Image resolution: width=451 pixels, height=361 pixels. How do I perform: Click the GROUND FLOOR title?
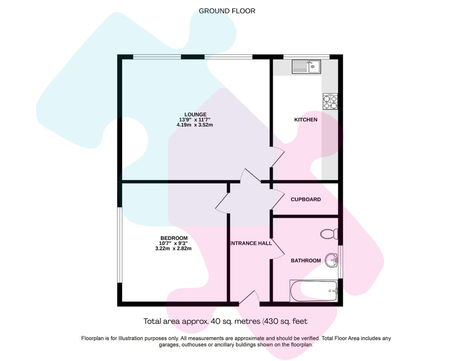pyautogui.click(x=227, y=11)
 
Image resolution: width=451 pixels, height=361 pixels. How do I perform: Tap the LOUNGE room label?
pyautogui.click(x=195, y=114)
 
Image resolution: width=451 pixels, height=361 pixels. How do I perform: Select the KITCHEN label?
pyautogui.click(x=306, y=120)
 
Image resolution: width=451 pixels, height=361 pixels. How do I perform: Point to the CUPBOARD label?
pyautogui.click(x=305, y=199)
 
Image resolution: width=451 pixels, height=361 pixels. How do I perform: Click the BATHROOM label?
pyautogui.click(x=306, y=260)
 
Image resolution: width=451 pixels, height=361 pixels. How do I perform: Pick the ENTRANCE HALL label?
pyautogui.click(x=250, y=243)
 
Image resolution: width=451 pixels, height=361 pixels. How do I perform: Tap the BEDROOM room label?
pyautogui.click(x=174, y=238)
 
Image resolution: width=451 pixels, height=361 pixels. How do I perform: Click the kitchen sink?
pyautogui.click(x=306, y=67)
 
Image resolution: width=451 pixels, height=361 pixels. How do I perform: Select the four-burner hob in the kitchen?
pyautogui.click(x=330, y=102)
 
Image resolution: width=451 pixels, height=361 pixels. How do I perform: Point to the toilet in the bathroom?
pyautogui.click(x=329, y=234)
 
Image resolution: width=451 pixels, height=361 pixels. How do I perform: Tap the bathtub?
pyautogui.click(x=314, y=291)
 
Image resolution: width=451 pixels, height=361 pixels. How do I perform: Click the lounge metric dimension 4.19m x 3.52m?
pyautogui.click(x=195, y=125)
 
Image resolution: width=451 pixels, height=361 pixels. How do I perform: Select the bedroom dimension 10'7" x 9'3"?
pyautogui.click(x=173, y=243)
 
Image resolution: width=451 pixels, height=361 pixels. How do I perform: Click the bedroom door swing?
pyautogui.click(x=223, y=203)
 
